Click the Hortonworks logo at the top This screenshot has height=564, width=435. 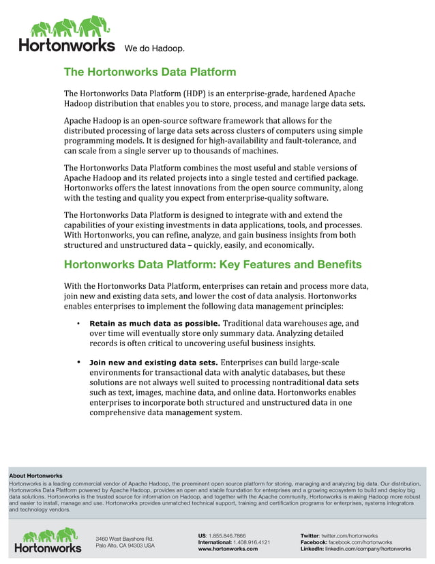[66, 34]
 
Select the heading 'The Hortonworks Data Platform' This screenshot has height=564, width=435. [150, 72]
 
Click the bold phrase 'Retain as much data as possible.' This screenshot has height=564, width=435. [155, 323]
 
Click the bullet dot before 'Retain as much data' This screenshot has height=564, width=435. [79, 323]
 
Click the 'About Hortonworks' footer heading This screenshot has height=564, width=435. [35, 476]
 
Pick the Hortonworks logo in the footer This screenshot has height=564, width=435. [48, 539]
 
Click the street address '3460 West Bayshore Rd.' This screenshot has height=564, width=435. [124, 539]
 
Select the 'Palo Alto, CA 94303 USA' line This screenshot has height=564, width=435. [125, 546]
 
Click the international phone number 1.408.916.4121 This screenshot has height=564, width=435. [251, 542]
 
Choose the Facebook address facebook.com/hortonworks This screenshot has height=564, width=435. [360, 542]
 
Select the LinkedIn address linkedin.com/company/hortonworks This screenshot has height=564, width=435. [368, 549]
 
